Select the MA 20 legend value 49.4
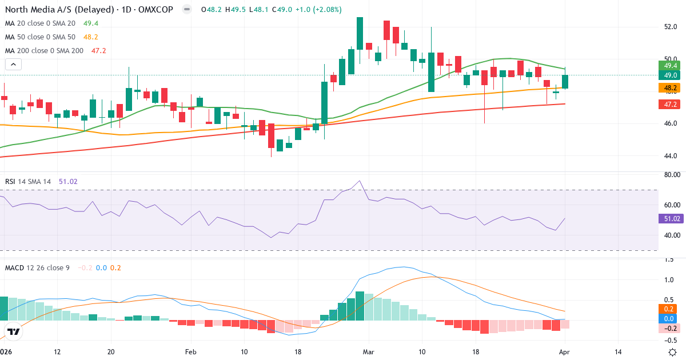coord(91,23)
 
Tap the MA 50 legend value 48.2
coord(91,37)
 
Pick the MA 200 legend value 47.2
coord(99,50)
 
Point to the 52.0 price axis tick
coord(671,27)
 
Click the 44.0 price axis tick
coord(671,155)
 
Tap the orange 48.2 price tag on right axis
coord(668,88)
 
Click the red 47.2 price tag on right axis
coord(668,105)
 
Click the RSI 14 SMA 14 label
coord(28,181)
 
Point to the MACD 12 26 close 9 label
coord(37,267)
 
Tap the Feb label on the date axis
coord(190,352)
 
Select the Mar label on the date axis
coord(368,352)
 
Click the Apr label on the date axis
coord(565,352)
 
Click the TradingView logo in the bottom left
coord(14,331)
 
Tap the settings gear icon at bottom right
coord(673,352)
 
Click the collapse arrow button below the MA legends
coord(13,65)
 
